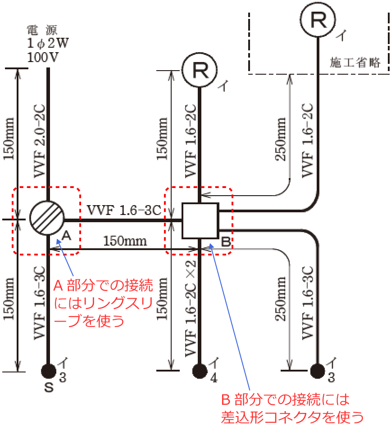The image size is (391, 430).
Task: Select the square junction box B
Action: tap(200, 220)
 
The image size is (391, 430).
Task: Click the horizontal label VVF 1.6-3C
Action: tap(123, 211)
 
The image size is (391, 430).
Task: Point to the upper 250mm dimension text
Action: tap(281, 139)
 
